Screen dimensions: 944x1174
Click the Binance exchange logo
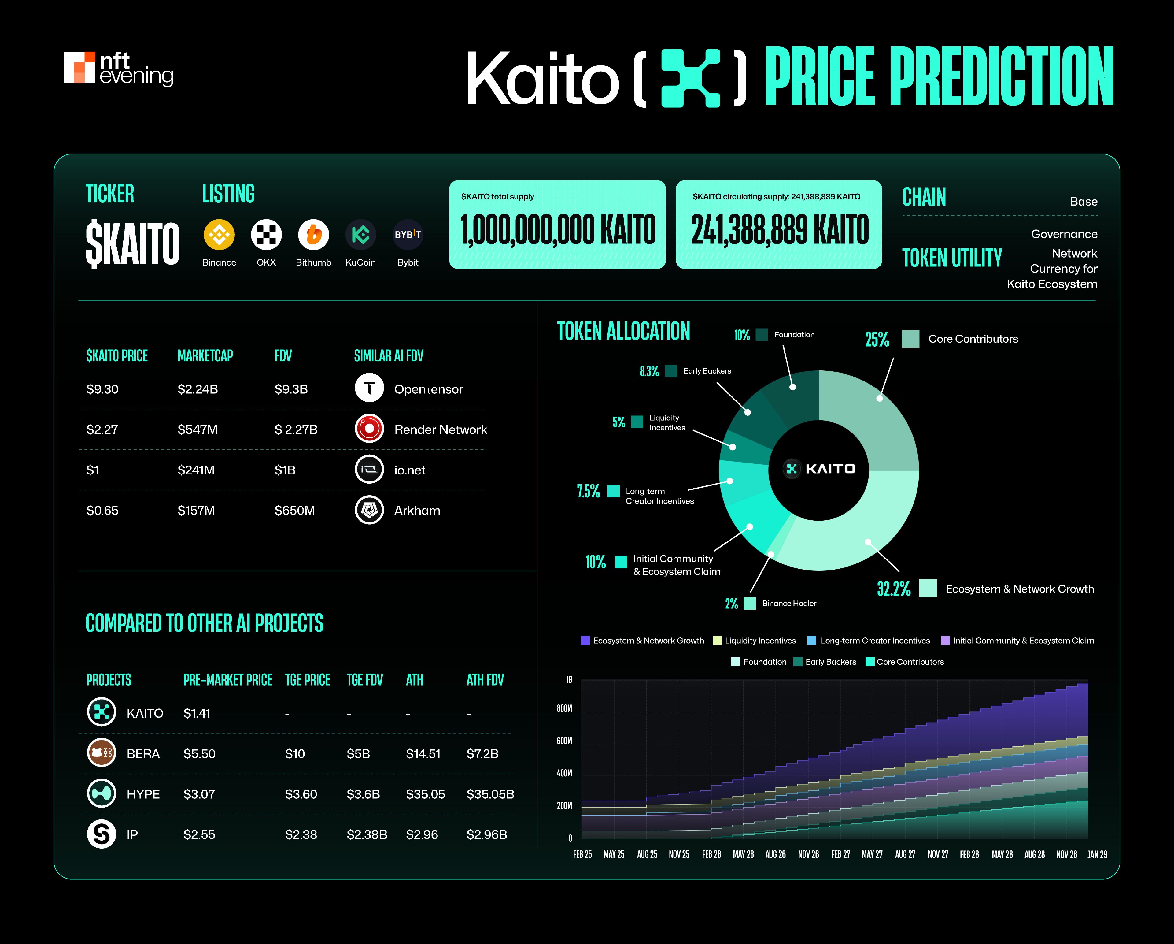pyautogui.click(x=219, y=235)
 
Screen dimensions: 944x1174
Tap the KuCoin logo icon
pyautogui.click(x=360, y=235)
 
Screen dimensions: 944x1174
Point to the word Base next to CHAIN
pyautogui.click(x=1083, y=202)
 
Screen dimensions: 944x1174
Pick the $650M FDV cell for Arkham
pyautogui.click(x=295, y=511)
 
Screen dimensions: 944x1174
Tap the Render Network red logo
pyautogui.click(x=369, y=429)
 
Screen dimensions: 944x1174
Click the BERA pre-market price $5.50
pyautogui.click(x=199, y=754)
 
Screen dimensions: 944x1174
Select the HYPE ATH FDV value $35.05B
pyautogui.click(x=490, y=794)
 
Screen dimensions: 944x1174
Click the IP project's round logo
pyautogui.click(x=101, y=834)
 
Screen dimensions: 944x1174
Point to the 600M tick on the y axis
pyautogui.click(x=564, y=741)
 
